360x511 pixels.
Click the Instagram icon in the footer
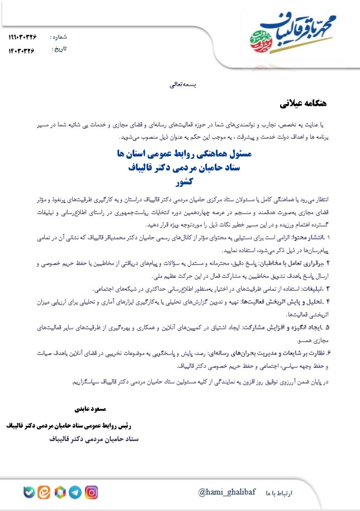(92, 493)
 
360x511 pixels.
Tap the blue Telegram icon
(75, 493)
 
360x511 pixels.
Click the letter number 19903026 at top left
(22, 37)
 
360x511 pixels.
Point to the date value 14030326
(21, 50)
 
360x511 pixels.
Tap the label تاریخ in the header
(59, 49)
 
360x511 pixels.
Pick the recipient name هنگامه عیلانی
(303, 104)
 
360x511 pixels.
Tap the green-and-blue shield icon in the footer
(29, 493)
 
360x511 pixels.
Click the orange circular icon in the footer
(44, 493)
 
